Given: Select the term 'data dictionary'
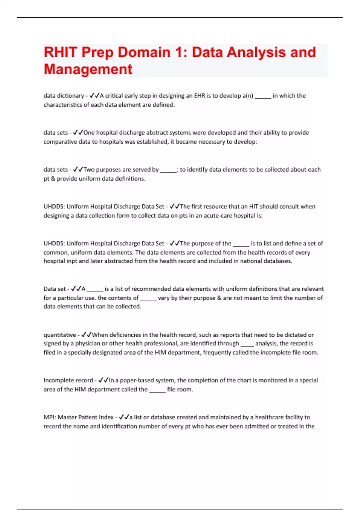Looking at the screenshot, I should pyautogui.click(x=64, y=96).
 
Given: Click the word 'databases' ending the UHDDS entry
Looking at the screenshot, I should pyautogui.click(x=277, y=261).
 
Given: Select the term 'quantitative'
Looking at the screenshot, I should pyautogui.click(x=60, y=335).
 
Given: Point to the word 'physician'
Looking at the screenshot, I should pyautogui.click(x=89, y=343).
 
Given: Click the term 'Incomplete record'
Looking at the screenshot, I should pyautogui.click(x=68, y=380).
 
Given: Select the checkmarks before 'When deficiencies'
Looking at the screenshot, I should pyautogui.click(x=86, y=334).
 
